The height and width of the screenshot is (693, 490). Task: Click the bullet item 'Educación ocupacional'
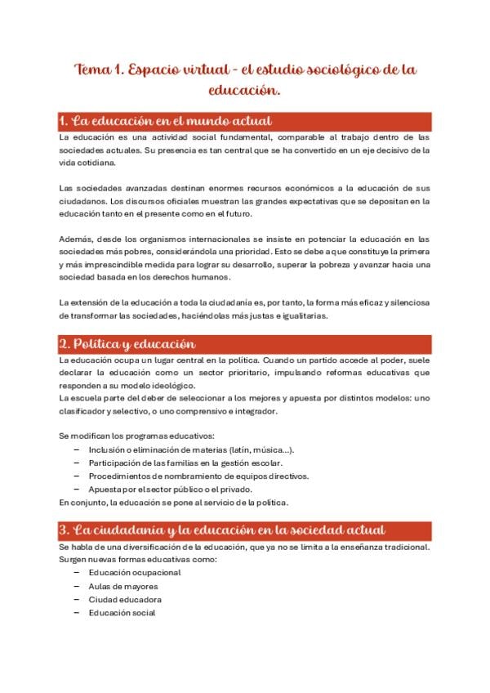[x=134, y=572]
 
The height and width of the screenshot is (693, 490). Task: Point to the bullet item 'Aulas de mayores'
[x=122, y=586]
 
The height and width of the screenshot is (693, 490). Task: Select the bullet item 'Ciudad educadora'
[x=123, y=599]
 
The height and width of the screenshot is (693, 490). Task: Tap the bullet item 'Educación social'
[x=122, y=613]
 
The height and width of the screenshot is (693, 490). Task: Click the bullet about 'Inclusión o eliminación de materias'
[x=191, y=449]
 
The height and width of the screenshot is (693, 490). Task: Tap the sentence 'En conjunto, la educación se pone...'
[x=174, y=502]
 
